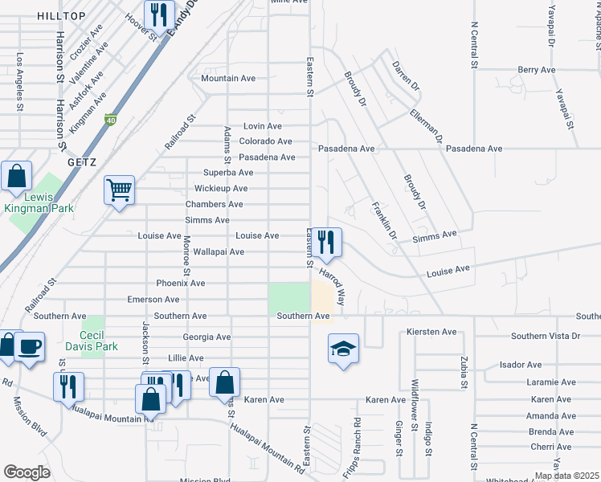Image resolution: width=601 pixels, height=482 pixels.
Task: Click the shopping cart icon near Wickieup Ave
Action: coord(119,190)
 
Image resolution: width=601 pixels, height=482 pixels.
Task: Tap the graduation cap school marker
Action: coord(343,349)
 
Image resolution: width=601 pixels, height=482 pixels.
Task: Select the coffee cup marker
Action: coord(30,346)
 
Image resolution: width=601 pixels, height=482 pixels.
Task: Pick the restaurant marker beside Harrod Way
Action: coord(326,242)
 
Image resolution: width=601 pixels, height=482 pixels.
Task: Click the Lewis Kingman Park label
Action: coord(39,202)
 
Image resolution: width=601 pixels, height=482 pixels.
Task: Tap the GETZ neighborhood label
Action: coord(82,162)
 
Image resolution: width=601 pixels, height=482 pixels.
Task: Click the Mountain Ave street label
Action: coord(228,79)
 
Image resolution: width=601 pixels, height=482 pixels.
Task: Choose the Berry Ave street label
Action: coord(537,71)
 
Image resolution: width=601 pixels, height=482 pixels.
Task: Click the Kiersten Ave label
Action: coord(431,332)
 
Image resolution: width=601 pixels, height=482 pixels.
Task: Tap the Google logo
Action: coord(27,472)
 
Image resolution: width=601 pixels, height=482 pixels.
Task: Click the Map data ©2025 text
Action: coord(566,476)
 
